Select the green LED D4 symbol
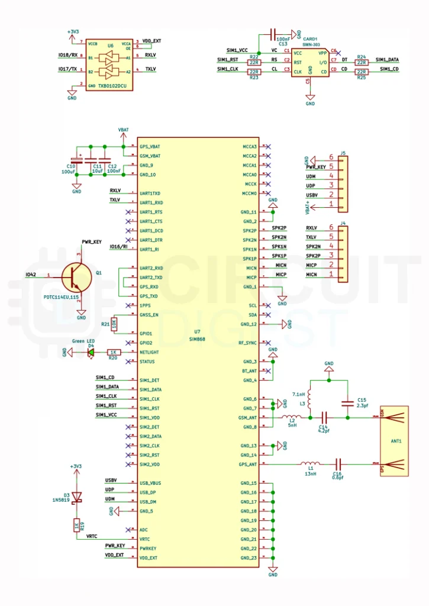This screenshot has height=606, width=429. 91,352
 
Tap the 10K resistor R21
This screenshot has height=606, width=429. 114,324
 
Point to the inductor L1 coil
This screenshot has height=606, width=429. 309,464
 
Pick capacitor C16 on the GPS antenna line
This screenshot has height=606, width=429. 338,464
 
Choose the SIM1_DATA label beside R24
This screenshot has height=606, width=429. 387,60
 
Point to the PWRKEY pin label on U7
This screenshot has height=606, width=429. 149,548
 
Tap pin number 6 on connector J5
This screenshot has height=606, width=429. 332,157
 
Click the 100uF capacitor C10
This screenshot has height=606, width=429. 76,160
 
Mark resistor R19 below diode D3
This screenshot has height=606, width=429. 76,526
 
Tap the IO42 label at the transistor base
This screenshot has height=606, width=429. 31,275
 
